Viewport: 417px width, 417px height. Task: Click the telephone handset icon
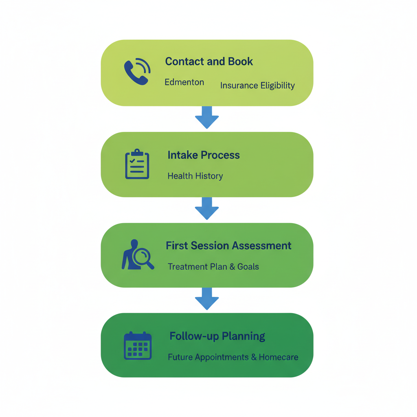136,72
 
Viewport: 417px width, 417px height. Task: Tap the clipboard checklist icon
137,164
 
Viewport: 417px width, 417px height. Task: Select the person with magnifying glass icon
137,255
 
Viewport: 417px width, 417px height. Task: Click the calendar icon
138,346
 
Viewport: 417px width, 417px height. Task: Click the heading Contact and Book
209,61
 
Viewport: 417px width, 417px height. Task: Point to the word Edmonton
184,82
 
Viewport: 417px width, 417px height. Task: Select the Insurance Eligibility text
257,86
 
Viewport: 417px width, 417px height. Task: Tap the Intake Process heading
204,155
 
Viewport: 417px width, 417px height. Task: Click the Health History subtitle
195,176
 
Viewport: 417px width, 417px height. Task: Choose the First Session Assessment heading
228,246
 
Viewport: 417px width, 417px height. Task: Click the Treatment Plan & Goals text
213,267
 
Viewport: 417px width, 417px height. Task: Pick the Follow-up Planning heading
217,336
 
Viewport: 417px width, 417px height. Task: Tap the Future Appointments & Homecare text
233,358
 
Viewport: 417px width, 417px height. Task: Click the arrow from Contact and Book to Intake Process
207,118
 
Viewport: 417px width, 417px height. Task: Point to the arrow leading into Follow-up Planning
207,299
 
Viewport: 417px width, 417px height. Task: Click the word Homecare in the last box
279,358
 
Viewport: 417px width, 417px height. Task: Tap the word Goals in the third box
248,267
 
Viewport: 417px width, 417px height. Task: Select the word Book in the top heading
240,61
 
